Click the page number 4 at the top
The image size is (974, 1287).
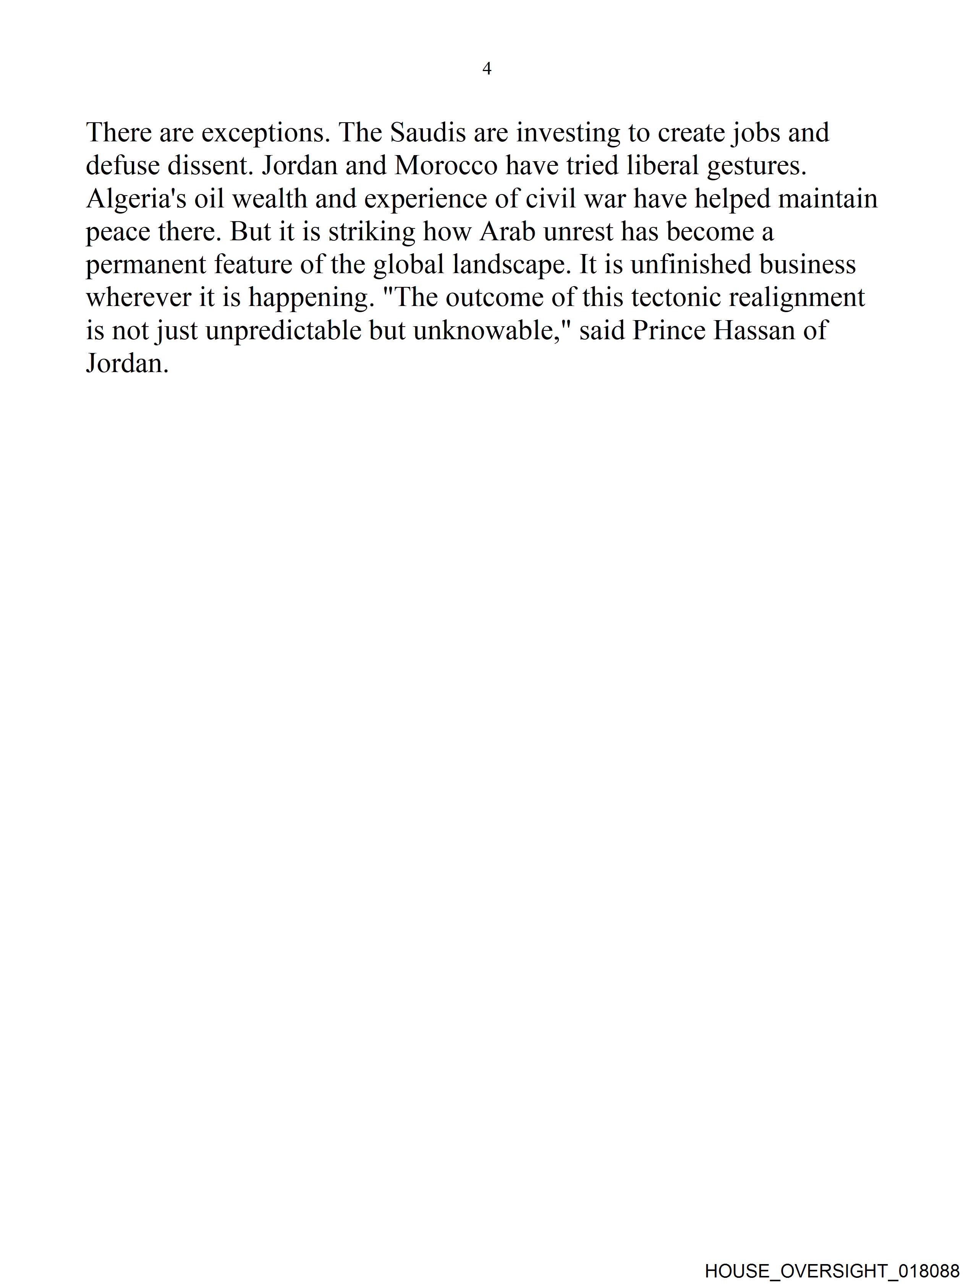click(487, 69)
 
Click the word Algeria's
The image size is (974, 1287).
click(136, 199)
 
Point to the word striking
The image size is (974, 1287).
click(372, 232)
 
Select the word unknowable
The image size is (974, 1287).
click(492, 331)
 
